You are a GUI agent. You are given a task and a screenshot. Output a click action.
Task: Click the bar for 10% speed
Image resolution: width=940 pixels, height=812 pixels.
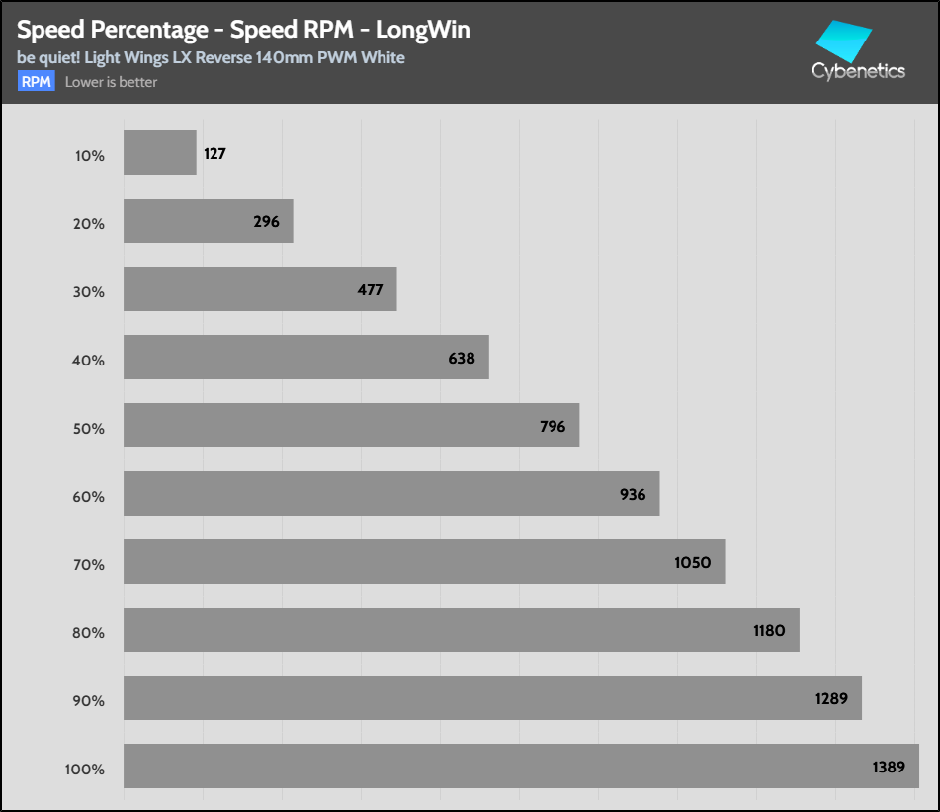coord(159,153)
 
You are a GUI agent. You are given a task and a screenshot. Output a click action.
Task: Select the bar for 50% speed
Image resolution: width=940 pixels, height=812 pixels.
coord(351,426)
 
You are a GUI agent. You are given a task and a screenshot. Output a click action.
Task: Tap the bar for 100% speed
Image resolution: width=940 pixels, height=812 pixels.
coord(521,767)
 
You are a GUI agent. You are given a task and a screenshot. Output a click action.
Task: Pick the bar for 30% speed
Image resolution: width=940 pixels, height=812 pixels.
coord(260,289)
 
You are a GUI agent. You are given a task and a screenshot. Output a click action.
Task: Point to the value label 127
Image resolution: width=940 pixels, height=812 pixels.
coord(215,154)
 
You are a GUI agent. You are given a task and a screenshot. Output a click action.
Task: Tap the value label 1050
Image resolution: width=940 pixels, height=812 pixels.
coord(692,562)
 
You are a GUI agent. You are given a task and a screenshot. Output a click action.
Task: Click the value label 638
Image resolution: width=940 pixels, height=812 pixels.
coord(462,358)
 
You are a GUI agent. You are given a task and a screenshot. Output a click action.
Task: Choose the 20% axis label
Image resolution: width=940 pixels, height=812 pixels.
coord(89,224)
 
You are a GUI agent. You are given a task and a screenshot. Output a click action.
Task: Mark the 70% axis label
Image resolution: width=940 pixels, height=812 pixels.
coord(89,565)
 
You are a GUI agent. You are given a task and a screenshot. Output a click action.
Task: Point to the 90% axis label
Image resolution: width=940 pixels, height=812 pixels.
coord(89,701)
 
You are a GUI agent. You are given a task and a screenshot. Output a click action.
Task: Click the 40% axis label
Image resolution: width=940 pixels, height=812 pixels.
coord(89,361)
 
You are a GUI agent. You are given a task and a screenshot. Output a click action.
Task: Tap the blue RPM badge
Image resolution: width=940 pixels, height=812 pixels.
coord(37,82)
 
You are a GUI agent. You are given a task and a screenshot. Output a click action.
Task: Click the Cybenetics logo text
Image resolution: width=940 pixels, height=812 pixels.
coord(858,71)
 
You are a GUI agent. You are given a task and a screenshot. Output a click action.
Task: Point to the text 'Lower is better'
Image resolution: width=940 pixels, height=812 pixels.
coord(111,82)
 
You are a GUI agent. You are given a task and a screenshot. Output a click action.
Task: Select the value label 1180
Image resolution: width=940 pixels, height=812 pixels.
coord(768,630)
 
